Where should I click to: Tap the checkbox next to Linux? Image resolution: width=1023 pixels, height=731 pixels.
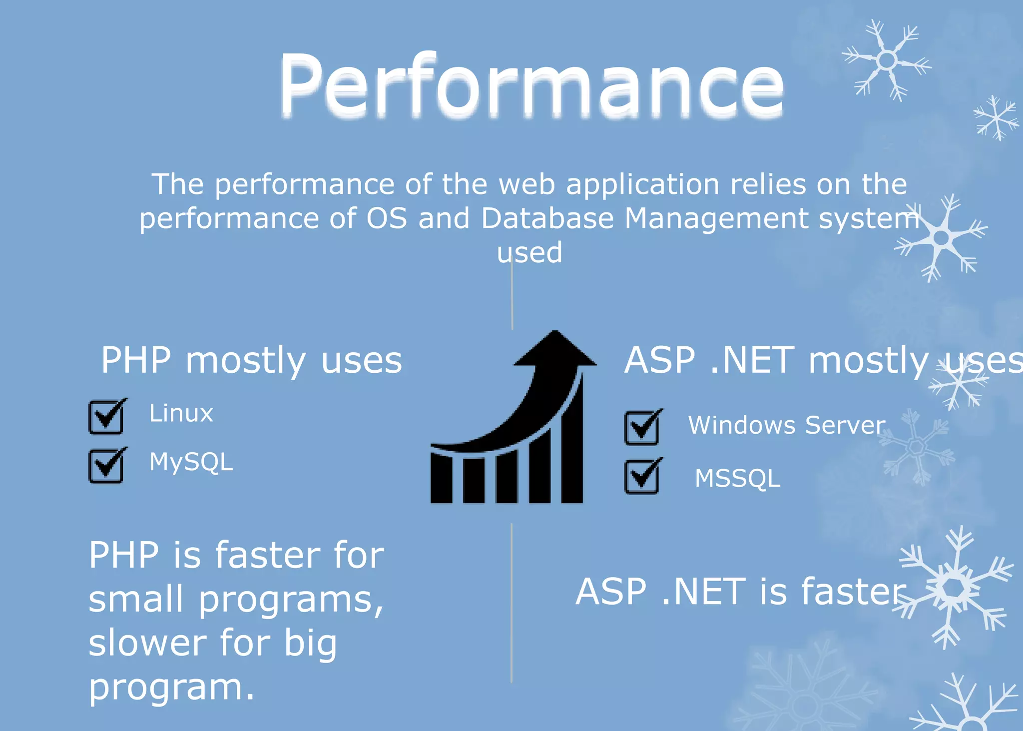coord(106,417)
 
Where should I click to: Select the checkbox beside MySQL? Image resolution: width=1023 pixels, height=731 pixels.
coord(106,466)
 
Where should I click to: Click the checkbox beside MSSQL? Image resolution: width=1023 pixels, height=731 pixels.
coord(642,476)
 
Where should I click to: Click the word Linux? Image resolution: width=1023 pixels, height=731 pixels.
coord(181,414)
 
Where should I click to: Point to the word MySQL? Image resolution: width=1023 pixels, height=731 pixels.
coord(191,462)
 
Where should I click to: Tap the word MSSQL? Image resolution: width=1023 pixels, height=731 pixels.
coord(737,479)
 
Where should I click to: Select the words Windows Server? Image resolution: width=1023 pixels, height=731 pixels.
coord(786,426)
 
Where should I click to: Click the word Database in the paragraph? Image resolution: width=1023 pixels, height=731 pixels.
coord(547,219)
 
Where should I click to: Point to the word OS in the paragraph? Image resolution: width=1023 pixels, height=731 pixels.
coord(387,219)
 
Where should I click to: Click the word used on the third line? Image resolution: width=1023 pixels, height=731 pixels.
coord(529,253)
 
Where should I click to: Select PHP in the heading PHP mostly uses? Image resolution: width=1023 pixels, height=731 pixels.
coord(136,360)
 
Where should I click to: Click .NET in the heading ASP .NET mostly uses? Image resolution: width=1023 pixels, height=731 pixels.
coord(751,360)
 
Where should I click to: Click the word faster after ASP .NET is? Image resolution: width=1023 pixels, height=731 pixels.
coord(853,592)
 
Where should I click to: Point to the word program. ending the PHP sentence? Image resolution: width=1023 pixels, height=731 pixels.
coord(171,689)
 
